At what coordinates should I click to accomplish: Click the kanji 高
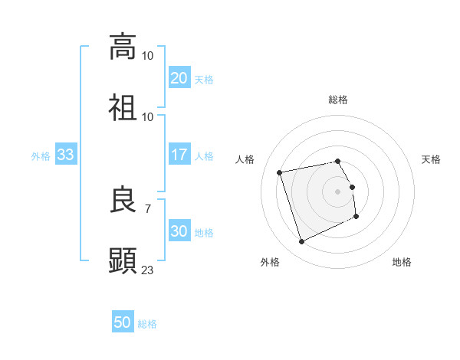(123, 47)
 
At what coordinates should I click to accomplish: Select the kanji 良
(123, 201)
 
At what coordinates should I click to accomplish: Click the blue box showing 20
(179, 78)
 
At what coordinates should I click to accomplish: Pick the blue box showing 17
(179, 155)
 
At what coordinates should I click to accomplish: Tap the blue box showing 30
(179, 231)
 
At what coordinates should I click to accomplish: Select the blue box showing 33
(65, 155)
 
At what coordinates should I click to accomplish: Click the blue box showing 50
(123, 322)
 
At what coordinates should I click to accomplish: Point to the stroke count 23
(148, 270)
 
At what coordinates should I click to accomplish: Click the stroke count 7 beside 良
(148, 208)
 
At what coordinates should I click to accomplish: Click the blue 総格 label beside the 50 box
(147, 324)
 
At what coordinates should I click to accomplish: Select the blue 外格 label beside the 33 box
(41, 155)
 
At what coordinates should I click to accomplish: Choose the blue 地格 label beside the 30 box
(204, 232)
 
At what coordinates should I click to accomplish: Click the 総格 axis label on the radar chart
(338, 100)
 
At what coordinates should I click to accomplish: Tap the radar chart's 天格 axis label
(432, 159)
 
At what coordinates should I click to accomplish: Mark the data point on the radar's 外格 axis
(301, 242)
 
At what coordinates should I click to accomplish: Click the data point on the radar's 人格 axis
(280, 172)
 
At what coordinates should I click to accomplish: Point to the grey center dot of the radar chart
(338, 191)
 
